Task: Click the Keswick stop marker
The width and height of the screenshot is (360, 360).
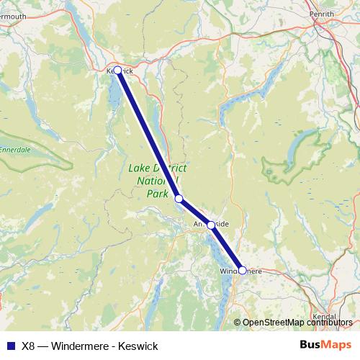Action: click(117, 71)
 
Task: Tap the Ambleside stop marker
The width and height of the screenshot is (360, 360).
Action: click(211, 225)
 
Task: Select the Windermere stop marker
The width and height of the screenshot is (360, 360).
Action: click(243, 271)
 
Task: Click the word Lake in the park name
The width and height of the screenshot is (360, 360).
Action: click(139, 168)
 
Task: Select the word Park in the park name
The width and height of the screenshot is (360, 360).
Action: click(156, 194)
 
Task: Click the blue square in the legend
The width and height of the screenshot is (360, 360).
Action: click(10, 346)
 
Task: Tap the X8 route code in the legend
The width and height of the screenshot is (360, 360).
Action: click(29, 346)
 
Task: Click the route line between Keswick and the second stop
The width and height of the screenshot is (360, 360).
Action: click(148, 134)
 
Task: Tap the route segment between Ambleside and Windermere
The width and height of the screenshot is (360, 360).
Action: click(227, 248)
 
